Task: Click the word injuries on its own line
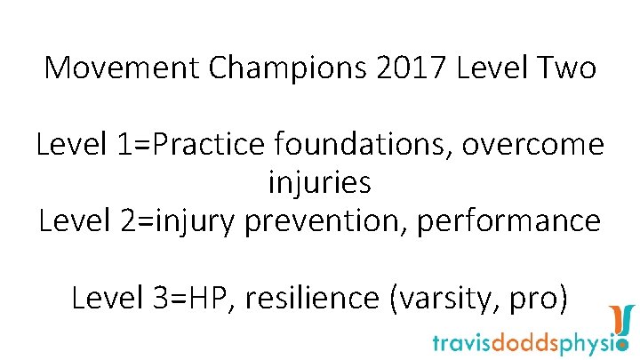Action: coord(319,183)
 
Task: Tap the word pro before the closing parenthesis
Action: coord(532,297)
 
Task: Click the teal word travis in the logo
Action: coord(462,342)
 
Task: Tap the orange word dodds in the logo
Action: coord(524,342)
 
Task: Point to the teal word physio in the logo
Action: coord(592,342)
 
